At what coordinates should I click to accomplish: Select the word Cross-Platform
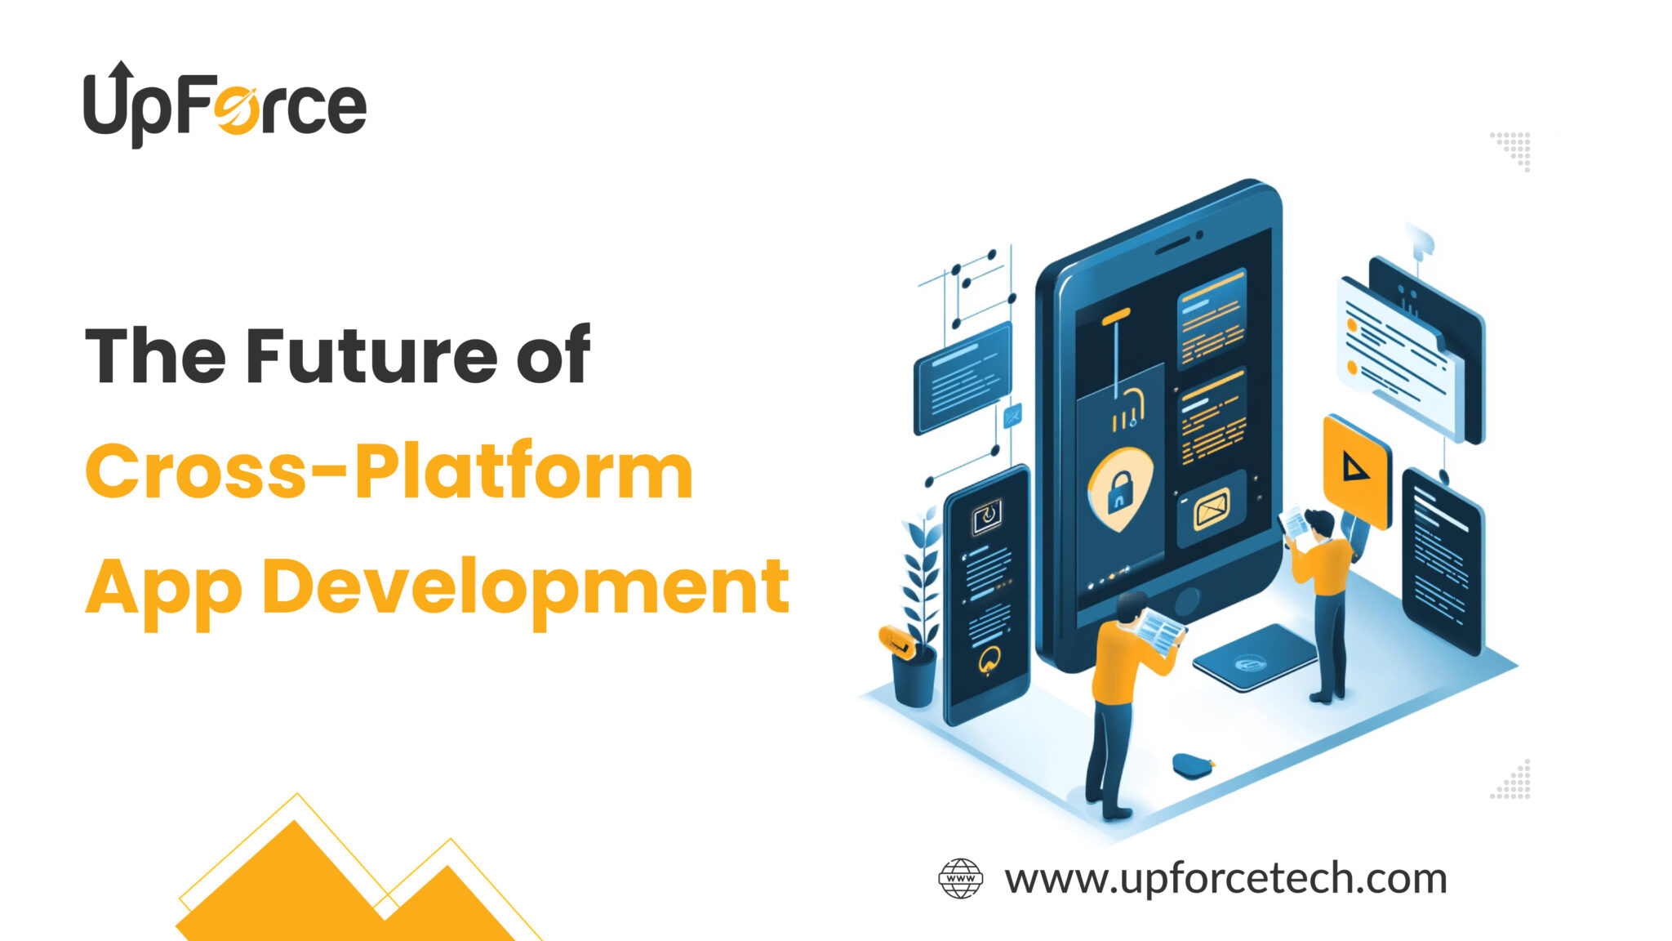pos(389,471)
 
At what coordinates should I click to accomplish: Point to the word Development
pos(525,586)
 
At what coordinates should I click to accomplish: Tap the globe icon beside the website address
pos(960,879)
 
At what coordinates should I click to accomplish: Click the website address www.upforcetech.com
pos(1225,879)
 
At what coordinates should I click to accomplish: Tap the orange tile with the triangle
pos(1355,469)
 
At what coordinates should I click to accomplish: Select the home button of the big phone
pos(1186,602)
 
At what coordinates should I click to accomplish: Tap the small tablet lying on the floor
pos(1252,658)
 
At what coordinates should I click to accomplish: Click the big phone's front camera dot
pos(1199,235)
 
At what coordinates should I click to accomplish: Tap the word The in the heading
pos(155,356)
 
